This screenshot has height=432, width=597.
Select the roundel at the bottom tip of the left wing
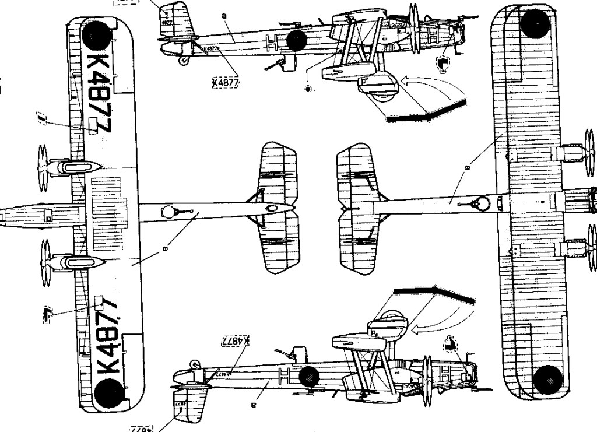pyautogui.click(x=109, y=391)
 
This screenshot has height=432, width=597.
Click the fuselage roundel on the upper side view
pyautogui.click(x=297, y=40)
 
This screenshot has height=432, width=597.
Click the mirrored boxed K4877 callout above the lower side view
pyautogui.click(x=236, y=341)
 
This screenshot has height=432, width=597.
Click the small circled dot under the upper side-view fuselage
pyautogui.click(x=308, y=89)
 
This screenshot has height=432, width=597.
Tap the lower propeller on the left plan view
pyautogui.click(x=44, y=261)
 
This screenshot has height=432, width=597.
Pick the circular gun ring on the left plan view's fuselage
pyautogui.click(x=167, y=212)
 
